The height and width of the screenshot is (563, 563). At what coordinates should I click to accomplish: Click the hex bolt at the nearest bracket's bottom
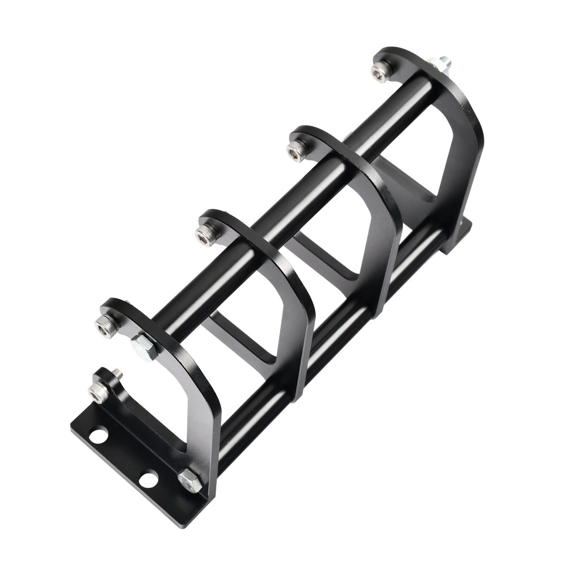189,481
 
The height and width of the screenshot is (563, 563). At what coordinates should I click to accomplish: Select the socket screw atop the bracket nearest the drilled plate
106,324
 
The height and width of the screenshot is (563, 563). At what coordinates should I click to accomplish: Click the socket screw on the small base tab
99,390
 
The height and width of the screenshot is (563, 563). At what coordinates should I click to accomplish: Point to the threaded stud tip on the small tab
117,372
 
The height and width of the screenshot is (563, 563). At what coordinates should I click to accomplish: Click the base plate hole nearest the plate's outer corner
99,436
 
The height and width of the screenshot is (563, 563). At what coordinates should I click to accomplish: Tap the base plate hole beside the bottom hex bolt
149,479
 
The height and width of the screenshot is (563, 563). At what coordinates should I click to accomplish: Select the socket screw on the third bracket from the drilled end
298,149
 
